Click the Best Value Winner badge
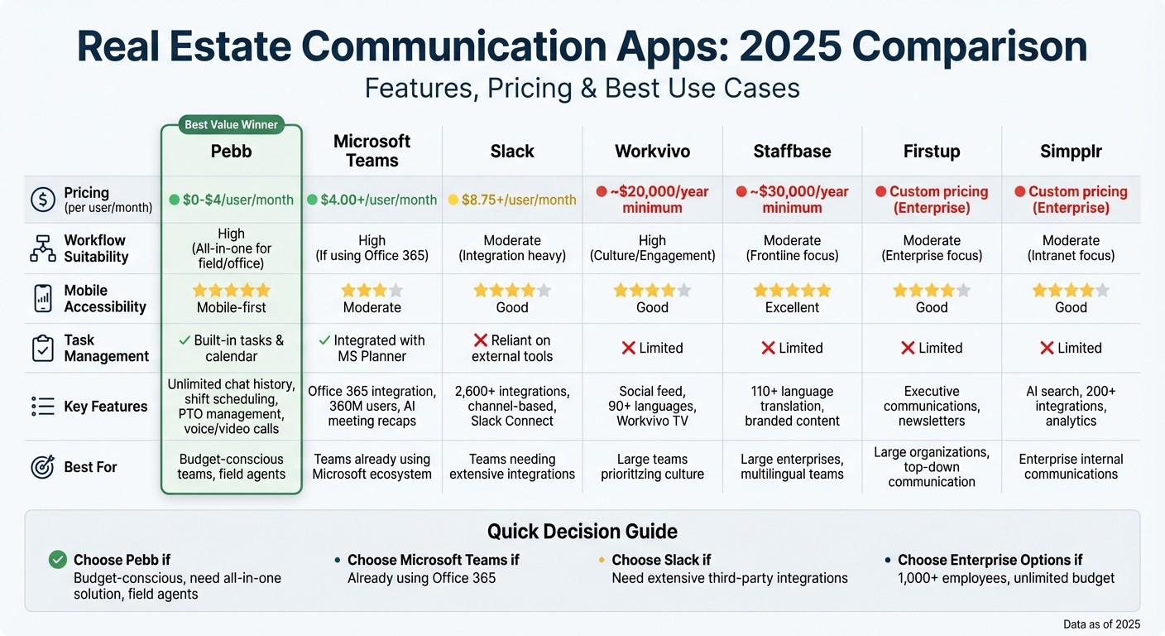tap(232, 125)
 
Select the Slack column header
tap(512, 152)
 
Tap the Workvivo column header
tap(652, 152)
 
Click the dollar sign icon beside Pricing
tap(43, 200)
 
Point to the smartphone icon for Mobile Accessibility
tap(43, 298)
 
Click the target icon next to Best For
tap(43, 467)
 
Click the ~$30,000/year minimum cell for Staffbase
tap(792, 200)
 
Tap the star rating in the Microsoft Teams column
tap(372, 291)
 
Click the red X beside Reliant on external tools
tap(480, 340)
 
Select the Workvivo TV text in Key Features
tap(652, 422)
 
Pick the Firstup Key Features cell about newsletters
tap(932, 406)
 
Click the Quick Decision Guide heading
tap(582, 532)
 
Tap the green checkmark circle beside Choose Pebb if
tap(57, 560)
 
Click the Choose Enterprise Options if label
tap(990, 560)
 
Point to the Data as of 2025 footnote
tap(1101, 624)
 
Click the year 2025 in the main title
tap(789, 47)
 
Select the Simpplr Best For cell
tap(1071, 466)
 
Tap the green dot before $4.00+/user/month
tap(312, 200)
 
